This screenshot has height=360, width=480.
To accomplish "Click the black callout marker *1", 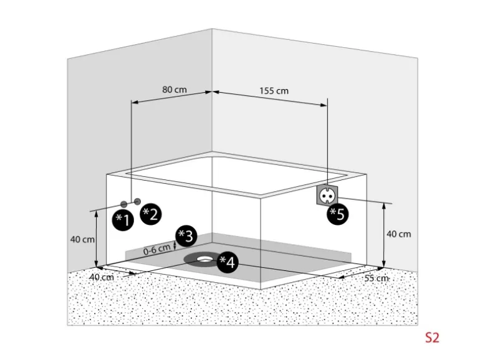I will [x=123, y=219].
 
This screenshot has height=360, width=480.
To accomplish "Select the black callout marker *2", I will [x=150, y=214].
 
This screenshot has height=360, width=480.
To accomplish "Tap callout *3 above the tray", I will [x=185, y=235].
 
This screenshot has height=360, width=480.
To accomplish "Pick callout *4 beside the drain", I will [x=227, y=262].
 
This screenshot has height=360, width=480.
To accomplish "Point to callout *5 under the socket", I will [x=338, y=214].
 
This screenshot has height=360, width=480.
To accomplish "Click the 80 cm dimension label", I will [x=175, y=89].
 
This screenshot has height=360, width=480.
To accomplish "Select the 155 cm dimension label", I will [x=274, y=90].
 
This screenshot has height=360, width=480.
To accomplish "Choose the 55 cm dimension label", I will [x=376, y=278].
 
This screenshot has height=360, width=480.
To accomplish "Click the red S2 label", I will [x=432, y=338].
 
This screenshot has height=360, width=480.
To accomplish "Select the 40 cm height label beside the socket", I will [x=399, y=234].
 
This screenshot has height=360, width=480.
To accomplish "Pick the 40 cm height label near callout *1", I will [x=82, y=239].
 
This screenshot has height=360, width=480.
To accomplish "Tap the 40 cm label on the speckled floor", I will [x=102, y=277].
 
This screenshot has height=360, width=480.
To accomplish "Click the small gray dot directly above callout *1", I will [x=124, y=204].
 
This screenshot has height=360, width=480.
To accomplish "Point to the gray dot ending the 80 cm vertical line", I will [x=136, y=202].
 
